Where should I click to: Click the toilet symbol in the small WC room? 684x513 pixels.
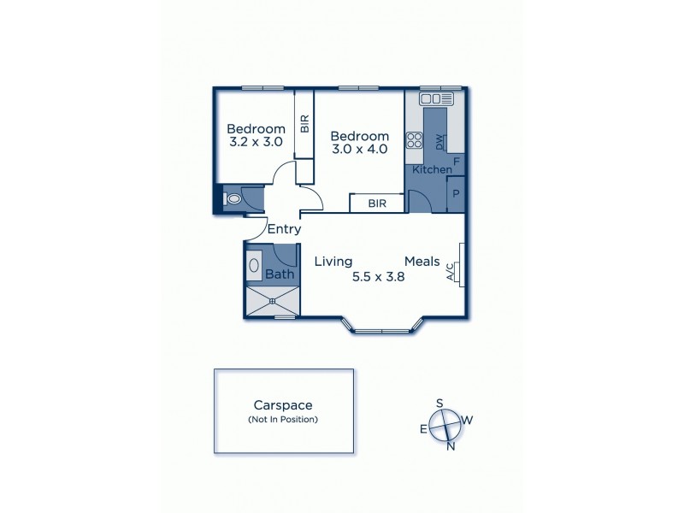click(233, 199)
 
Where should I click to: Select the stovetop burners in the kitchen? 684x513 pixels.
click(414, 139)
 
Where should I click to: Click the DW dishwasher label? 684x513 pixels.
click(439, 142)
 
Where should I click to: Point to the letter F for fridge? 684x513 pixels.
click(457, 161)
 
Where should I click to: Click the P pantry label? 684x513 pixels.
click(456, 193)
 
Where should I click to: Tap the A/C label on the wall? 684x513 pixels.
click(451, 271)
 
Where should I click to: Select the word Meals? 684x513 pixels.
click(422, 261)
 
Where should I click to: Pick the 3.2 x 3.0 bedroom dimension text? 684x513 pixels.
click(256, 143)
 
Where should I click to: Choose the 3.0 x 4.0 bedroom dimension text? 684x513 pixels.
click(360, 149)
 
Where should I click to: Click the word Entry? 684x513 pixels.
click(284, 229)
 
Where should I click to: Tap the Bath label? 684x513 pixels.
click(279, 274)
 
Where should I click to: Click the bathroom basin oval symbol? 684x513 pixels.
click(254, 265)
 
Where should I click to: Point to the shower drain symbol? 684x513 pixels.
click(273, 300)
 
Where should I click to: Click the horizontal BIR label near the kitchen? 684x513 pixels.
click(376, 204)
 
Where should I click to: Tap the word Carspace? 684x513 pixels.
click(282, 405)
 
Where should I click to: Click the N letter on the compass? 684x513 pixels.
click(451, 445)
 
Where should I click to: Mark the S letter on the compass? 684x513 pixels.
click(439, 403)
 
